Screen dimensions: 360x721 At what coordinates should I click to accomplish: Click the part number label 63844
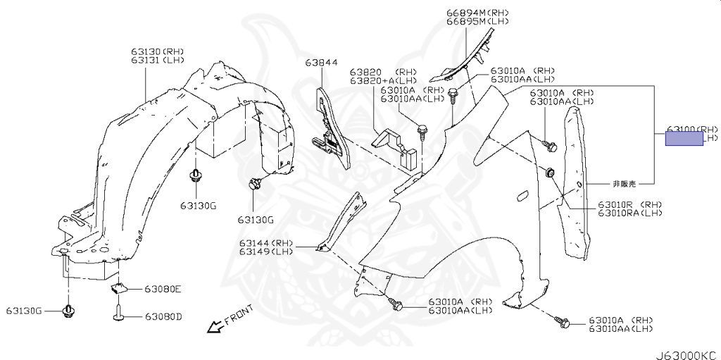321,63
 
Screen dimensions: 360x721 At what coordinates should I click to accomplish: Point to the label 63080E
163,289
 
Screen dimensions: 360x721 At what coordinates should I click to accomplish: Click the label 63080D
163,316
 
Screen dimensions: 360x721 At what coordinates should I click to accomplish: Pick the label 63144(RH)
265,243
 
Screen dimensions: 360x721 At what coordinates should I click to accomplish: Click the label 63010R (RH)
630,204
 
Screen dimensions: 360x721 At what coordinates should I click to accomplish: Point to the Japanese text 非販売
625,183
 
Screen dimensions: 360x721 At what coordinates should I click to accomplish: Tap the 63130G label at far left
25,311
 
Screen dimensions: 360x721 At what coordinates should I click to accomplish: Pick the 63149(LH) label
265,252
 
